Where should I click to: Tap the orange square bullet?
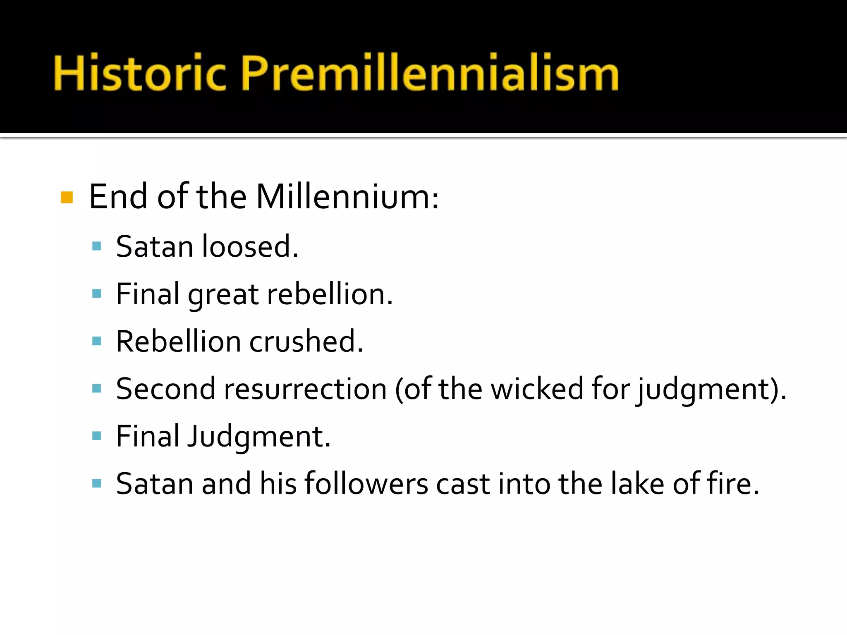(67, 198)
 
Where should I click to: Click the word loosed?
(249, 246)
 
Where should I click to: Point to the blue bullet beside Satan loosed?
(97, 247)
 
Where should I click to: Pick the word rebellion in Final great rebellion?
(329, 294)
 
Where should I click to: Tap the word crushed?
(306, 342)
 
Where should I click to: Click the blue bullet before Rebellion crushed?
(97, 341)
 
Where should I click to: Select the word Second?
(165, 389)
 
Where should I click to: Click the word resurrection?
(305, 389)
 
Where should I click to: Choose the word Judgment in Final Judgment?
(258, 437)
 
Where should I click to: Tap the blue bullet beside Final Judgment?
(97, 436)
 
